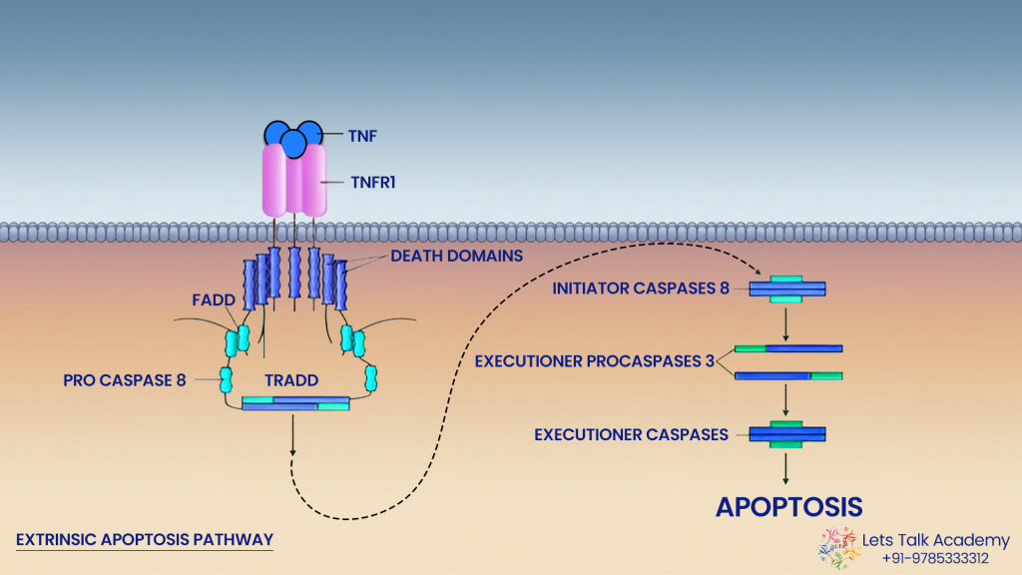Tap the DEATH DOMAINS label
tap(456, 256)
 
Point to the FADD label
tap(213, 298)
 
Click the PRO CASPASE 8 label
tap(124, 379)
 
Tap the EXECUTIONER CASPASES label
tap(630, 434)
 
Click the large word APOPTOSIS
tap(787, 506)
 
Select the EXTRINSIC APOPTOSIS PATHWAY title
tap(145, 539)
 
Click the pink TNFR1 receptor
tap(294, 180)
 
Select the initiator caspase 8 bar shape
tap(787, 289)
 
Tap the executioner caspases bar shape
tap(787, 434)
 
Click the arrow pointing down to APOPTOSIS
tap(787, 468)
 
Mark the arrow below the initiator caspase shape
tap(787, 324)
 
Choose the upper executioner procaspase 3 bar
tap(788, 348)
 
